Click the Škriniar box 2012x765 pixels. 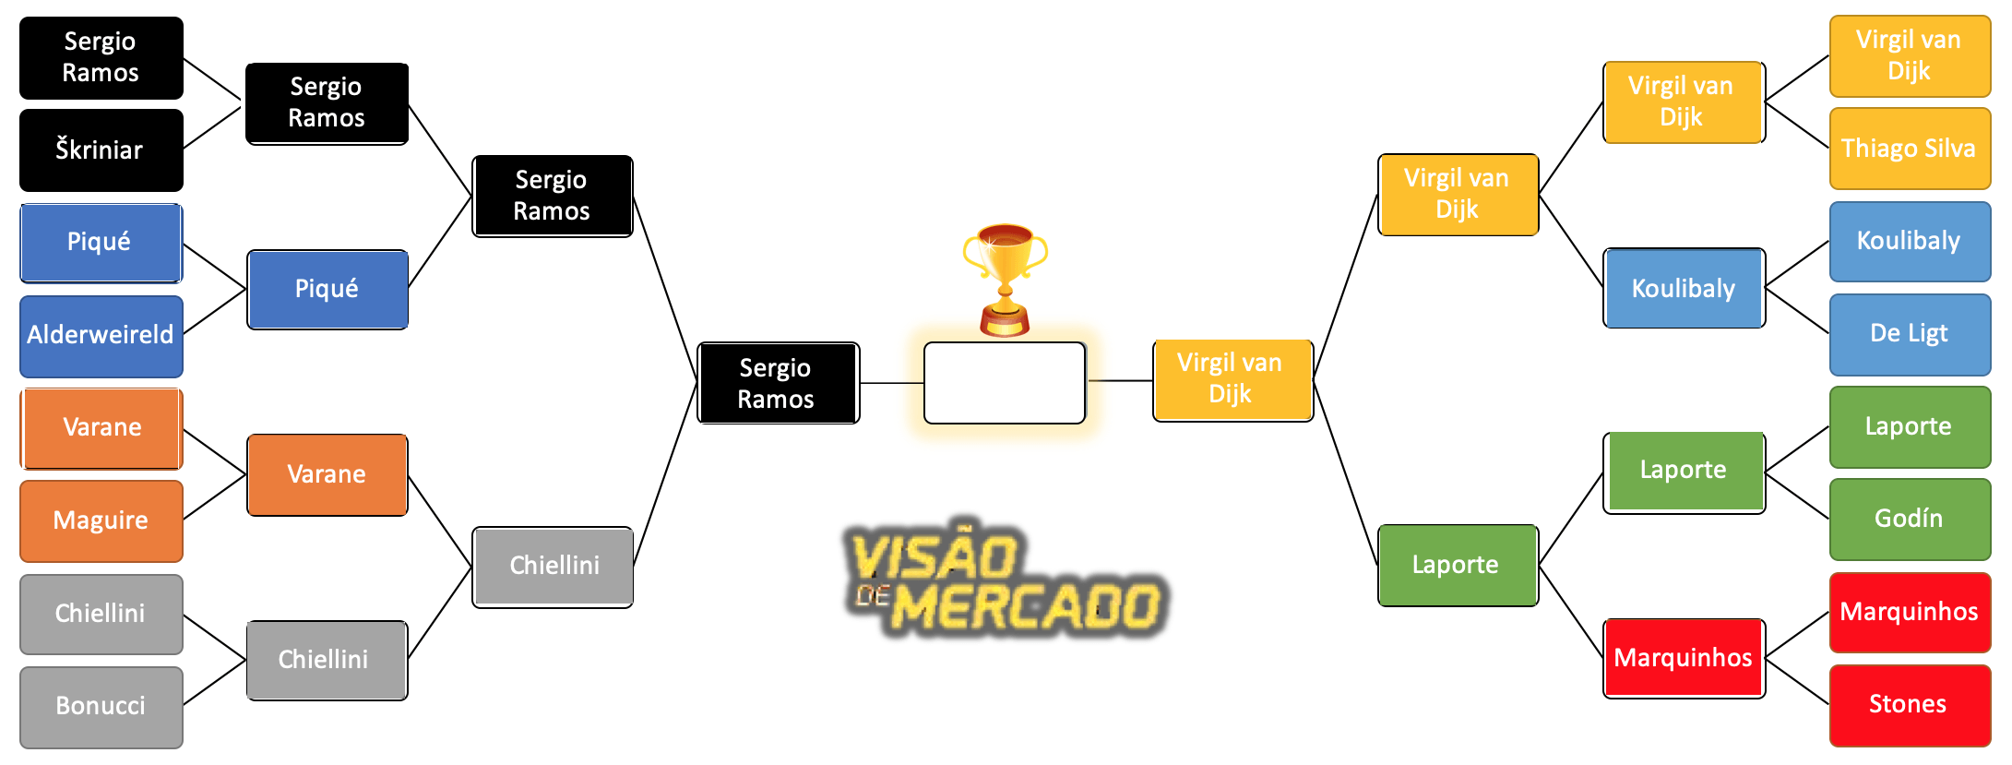(x=101, y=149)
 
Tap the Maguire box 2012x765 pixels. (x=101, y=520)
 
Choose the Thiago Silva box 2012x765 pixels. (x=1909, y=149)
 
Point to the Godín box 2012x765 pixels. (x=1909, y=519)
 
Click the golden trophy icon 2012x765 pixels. (x=1005, y=277)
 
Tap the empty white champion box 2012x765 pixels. (x=1005, y=383)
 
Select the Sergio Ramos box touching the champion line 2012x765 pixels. (x=777, y=383)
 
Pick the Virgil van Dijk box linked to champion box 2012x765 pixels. (x=1232, y=379)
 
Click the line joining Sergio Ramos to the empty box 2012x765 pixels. (x=891, y=382)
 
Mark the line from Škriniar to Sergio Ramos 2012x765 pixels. (x=212, y=128)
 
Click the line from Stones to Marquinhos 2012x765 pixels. (x=1796, y=681)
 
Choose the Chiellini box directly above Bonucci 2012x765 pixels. (x=101, y=614)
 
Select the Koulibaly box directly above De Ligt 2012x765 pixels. (x=1909, y=241)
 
